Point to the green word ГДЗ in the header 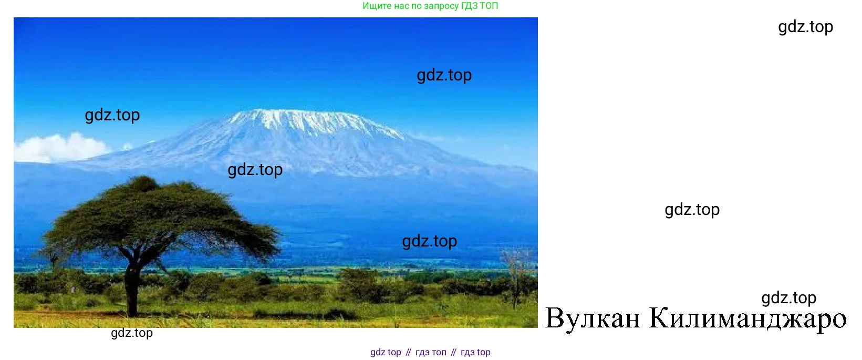point(469,6)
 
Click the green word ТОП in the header point(489,6)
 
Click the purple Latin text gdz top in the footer point(386,352)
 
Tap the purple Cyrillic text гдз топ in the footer point(431,352)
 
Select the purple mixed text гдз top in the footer point(475,352)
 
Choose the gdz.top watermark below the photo point(132,333)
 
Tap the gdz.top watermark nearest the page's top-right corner point(805,27)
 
